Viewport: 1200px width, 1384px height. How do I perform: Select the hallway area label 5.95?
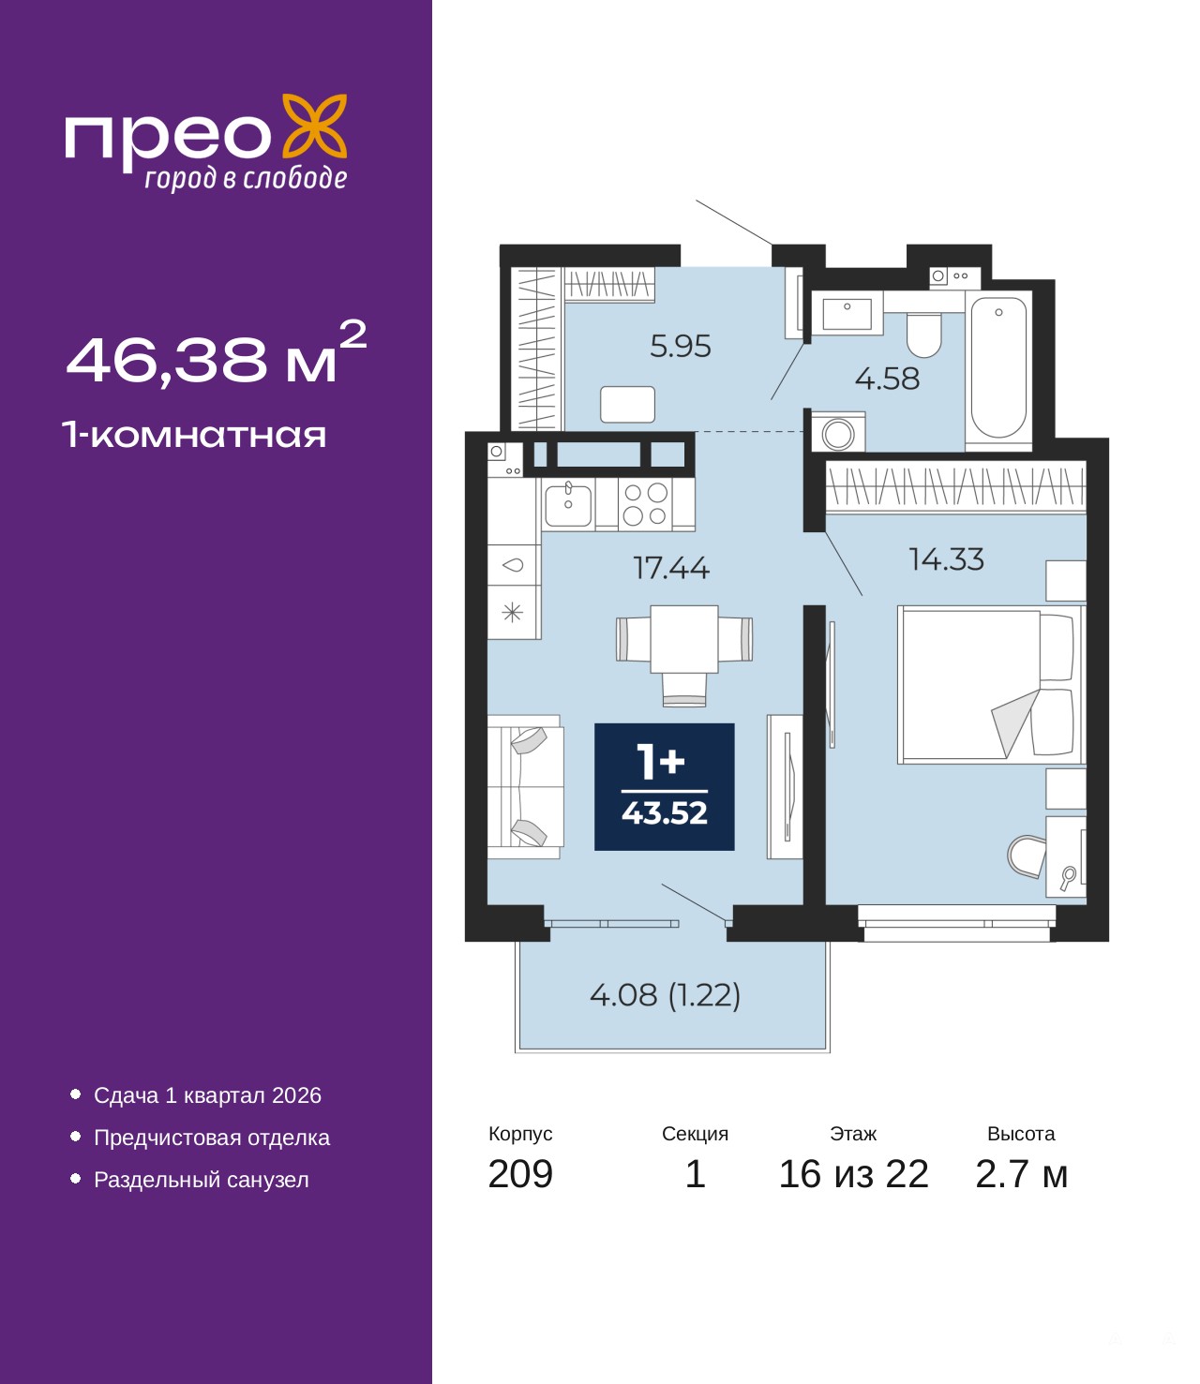680,346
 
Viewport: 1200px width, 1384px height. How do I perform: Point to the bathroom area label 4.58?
887,379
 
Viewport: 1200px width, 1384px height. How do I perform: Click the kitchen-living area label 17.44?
670,568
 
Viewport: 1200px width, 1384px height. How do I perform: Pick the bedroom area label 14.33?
946,559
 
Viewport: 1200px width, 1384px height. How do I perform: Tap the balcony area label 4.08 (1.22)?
666,994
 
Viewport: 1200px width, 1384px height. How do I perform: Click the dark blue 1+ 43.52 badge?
664,787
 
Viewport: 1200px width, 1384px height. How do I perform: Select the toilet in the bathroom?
924,335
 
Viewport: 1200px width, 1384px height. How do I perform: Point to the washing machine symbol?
838,433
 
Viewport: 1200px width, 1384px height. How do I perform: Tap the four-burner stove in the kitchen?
645,504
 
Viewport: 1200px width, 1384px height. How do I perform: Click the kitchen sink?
568,504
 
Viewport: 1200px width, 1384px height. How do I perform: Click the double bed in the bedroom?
990,684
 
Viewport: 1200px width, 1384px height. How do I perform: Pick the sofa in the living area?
525,787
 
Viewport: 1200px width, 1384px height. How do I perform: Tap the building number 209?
520,1174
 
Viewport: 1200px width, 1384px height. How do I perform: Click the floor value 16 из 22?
853,1174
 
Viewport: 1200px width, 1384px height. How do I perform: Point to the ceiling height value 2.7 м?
1021,1174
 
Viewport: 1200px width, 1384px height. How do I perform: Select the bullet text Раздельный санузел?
201,1179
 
